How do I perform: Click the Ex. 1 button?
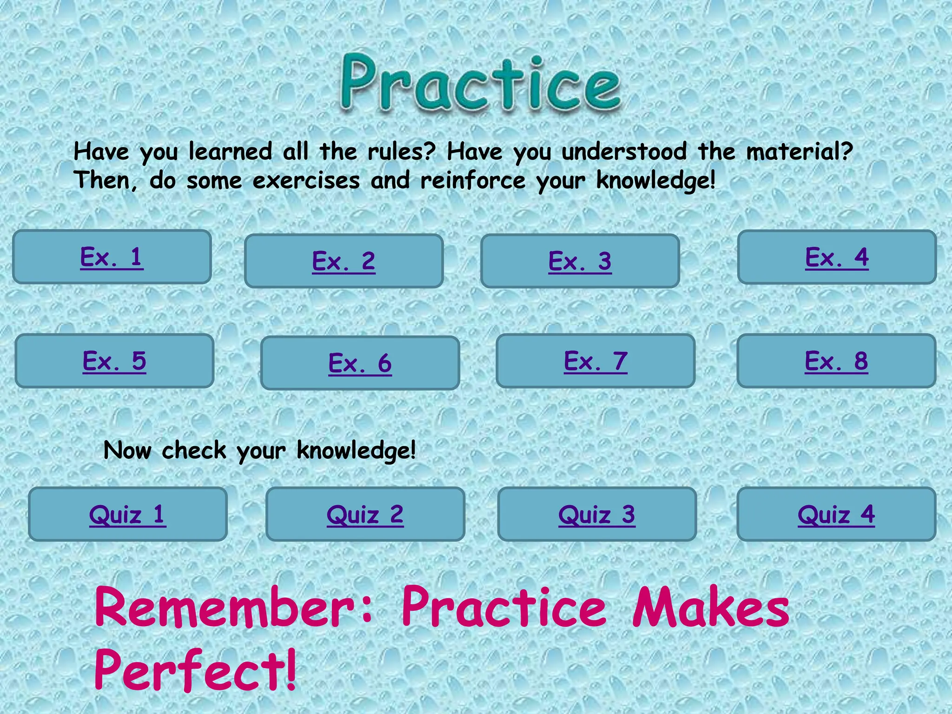pos(112,257)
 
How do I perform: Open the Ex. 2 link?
pos(344,261)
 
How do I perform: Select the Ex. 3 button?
pos(580,261)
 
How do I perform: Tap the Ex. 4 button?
pos(837,257)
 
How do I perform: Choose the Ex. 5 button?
pos(114,361)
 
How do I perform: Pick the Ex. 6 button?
pos(360,363)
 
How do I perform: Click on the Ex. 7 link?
pos(595,361)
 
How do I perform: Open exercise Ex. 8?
pos(836,361)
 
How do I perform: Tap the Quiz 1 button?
pos(127,514)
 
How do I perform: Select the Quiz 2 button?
pos(365,514)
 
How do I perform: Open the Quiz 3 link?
pos(597,514)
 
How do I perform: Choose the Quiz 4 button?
pos(836,514)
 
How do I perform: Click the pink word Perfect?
pos(195,669)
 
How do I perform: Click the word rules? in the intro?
pos(402,152)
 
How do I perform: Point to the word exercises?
pos(306,180)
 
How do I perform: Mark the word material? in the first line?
pos(800,152)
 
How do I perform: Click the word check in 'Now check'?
pos(194,450)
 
